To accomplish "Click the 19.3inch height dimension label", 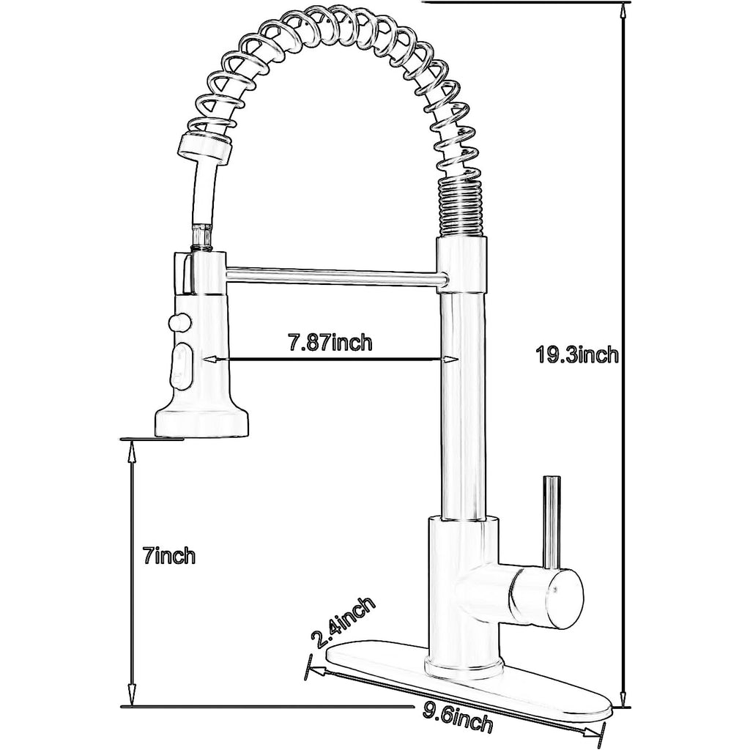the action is tap(577, 355).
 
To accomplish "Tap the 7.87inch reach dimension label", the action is tap(330, 342).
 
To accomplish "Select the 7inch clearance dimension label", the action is tap(169, 556).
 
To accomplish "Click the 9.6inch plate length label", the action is tap(456, 723).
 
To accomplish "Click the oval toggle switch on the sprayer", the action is tap(180, 367).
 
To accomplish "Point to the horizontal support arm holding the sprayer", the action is tap(335, 278).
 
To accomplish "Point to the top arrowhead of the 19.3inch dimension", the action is tap(623, 10).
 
